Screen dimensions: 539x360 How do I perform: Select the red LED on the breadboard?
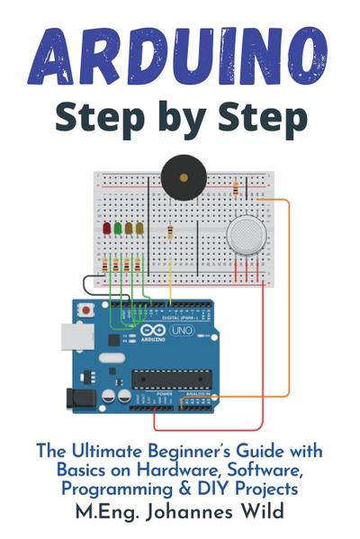coord(107,228)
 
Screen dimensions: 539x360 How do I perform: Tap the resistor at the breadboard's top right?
coord(237,189)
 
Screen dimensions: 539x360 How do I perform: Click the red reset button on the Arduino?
coord(86,310)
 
